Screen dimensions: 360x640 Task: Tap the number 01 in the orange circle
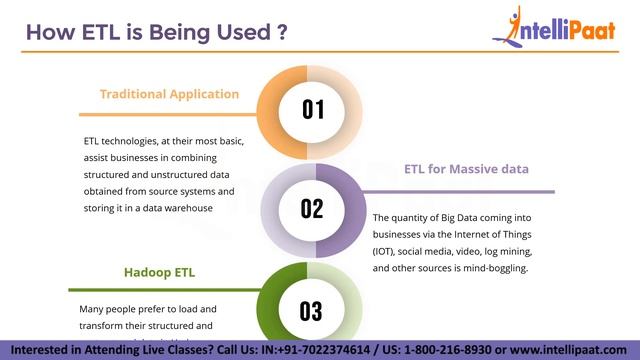point(313,109)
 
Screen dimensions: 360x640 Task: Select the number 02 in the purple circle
point(313,208)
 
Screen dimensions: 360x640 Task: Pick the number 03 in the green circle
point(313,310)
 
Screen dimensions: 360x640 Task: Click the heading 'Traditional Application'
point(169,94)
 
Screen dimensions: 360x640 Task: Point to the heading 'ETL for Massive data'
point(466,168)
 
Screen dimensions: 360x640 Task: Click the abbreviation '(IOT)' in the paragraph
point(385,252)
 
